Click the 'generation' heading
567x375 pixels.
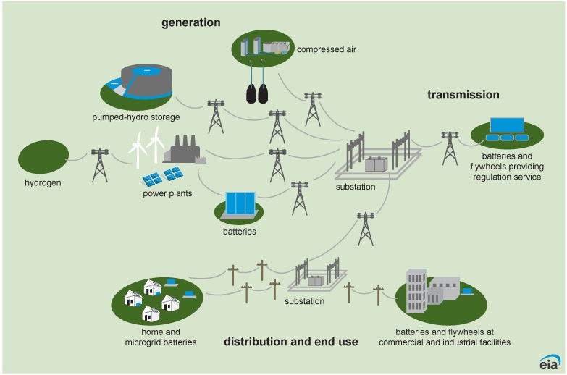click(x=191, y=22)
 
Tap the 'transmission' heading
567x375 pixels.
click(x=463, y=95)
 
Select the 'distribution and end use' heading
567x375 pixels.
click(x=290, y=342)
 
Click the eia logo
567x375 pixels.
click(x=550, y=362)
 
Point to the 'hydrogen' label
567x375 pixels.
click(x=43, y=183)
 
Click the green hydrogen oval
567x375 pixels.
click(x=43, y=157)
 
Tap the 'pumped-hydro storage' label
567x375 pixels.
click(x=135, y=117)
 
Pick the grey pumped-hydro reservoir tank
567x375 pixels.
click(x=146, y=82)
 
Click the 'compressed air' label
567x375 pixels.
click(x=326, y=49)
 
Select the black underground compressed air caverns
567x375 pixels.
click(x=257, y=93)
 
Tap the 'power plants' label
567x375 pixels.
click(x=167, y=193)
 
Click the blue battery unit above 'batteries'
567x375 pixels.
click(x=240, y=203)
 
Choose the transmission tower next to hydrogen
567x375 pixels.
click(x=100, y=165)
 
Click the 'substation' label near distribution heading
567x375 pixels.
click(x=304, y=301)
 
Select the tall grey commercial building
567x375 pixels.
click(x=416, y=291)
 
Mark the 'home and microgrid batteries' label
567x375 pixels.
click(x=161, y=337)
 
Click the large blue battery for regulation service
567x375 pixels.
click(x=507, y=125)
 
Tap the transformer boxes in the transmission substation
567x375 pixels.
click(x=376, y=164)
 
